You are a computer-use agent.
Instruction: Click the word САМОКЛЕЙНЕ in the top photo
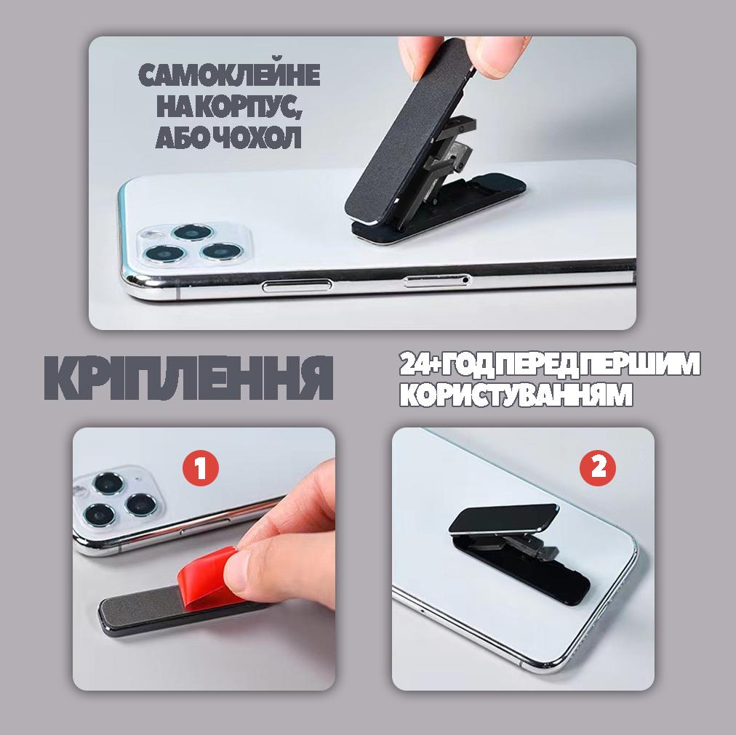point(230,75)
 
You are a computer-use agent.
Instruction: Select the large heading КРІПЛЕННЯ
point(188,378)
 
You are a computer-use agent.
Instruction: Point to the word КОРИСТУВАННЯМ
point(516,395)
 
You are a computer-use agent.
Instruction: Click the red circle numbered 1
point(201,468)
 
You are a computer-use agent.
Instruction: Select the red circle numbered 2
point(598,467)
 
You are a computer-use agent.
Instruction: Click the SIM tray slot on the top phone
point(436,281)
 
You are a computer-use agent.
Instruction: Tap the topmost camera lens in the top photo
point(193,233)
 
